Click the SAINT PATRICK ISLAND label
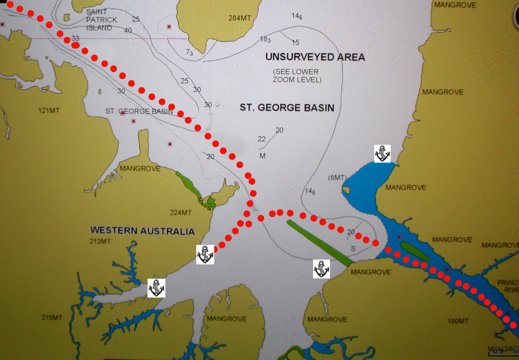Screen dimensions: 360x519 (x=102, y=19)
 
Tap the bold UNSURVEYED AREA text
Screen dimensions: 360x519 (x=315, y=57)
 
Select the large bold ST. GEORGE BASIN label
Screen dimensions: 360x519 (x=286, y=108)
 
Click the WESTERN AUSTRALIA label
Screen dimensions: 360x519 (x=142, y=231)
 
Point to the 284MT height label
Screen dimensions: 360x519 (x=240, y=18)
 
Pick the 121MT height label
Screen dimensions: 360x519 (x=50, y=110)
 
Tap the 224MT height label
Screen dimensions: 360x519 (x=181, y=213)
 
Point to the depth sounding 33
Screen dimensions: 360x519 (x=76, y=38)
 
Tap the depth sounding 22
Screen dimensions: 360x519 (x=262, y=139)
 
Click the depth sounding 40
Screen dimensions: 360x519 (x=128, y=30)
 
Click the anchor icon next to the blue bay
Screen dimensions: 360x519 (x=382, y=154)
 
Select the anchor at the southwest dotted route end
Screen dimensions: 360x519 (x=205, y=255)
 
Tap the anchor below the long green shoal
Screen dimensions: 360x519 (x=321, y=269)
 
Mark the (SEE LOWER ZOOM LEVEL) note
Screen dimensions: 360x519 (x=296, y=76)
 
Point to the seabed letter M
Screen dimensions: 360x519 (x=263, y=156)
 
